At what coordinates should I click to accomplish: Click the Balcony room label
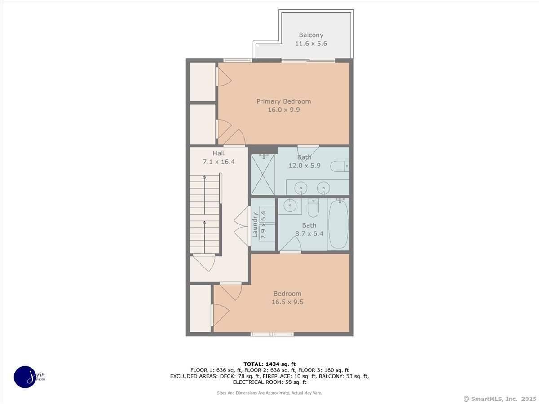(311, 35)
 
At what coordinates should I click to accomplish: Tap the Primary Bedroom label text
(283, 101)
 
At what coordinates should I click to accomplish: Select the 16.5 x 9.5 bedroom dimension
(287, 302)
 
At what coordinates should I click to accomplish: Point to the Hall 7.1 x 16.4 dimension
(219, 162)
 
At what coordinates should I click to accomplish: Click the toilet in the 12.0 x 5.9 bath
(340, 166)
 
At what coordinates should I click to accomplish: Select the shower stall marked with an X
(262, 175)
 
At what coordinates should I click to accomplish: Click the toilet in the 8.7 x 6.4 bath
(314, 208)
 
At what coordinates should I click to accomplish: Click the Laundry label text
(255, 225)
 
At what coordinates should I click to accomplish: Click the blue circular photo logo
(25, 377)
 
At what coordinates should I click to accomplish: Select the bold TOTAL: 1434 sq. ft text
(269, 364)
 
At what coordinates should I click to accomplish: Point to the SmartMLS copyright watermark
(500, 399)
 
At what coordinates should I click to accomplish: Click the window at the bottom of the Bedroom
(272, 334)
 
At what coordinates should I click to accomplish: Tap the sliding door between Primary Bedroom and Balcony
(308, 61)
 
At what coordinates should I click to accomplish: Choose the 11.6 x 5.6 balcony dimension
(311, 44)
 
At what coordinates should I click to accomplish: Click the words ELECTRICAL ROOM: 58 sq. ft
(269, 382)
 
